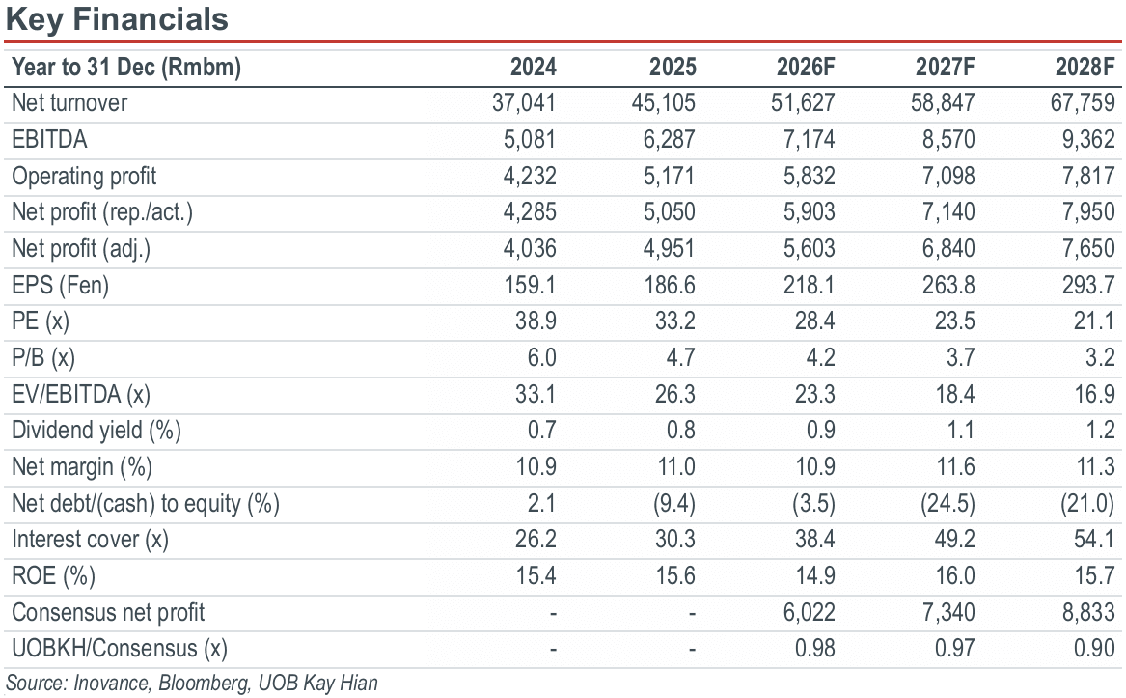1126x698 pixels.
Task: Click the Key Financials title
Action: click(x=117, y=18)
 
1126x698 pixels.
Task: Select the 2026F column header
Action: click(x=805, y=67)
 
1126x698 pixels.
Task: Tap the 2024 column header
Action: click(x=533, y=67)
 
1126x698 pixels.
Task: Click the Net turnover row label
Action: click(x=69, y=102)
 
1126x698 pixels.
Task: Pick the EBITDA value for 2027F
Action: click(x=947, y=139)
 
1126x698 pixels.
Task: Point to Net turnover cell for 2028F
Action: click(x=1083, y=102)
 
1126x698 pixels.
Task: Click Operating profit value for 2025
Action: click(x=669, y=176)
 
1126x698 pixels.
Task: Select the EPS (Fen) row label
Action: click(x=61, y=286)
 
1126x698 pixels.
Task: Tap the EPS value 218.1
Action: click(x=809, y=286)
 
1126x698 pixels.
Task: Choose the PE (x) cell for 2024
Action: click(x=536, y=321)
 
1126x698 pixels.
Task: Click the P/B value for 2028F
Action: click(x=1100, y=357)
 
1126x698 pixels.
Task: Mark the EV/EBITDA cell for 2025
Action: click(x=675, y=394)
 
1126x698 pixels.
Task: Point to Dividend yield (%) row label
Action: click(x=96, y=430)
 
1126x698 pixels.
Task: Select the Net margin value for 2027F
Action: click(x=955, y=466)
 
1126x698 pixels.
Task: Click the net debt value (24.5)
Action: click(x=947, y=503)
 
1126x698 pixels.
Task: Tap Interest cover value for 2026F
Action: click(x=814, y=539)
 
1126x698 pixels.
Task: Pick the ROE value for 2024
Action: click(x=536, y=575)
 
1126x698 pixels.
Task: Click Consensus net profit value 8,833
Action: click(x=1088, y=612)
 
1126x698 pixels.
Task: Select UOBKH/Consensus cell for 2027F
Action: click(x=954, y=649)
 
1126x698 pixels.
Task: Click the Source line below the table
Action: click(x=192, y=683)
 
